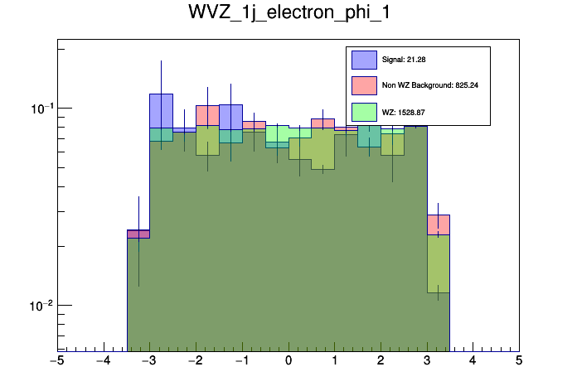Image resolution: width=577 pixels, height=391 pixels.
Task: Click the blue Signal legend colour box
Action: tap(364, 60)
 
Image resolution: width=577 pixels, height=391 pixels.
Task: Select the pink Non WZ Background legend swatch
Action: tap(364, 85)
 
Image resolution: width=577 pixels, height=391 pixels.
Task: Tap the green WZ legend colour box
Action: tap(364, 111)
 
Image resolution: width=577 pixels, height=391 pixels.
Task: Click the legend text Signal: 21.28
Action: tap(404, 60)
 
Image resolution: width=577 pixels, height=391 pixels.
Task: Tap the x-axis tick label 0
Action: tap(288, 361)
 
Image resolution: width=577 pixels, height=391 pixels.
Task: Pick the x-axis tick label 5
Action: tap(519, 361)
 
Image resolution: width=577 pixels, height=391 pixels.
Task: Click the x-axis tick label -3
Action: tap(149, 361)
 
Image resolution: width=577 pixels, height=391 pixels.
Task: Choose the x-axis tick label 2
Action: tap(381, 361)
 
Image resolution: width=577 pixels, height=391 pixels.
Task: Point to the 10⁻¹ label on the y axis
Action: tap(41, 109)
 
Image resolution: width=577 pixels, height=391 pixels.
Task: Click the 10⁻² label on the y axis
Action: tap(41, 306)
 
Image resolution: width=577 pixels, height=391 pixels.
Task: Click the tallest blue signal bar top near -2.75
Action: tap(161, 94)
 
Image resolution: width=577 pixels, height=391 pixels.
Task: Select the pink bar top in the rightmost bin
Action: tap(438, 215)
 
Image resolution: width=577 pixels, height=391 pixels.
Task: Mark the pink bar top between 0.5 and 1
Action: tap(322, 119)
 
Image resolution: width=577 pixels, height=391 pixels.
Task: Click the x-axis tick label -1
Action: tap(241, 361)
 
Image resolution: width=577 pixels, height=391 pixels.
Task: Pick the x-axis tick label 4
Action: tap(473, 361)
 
